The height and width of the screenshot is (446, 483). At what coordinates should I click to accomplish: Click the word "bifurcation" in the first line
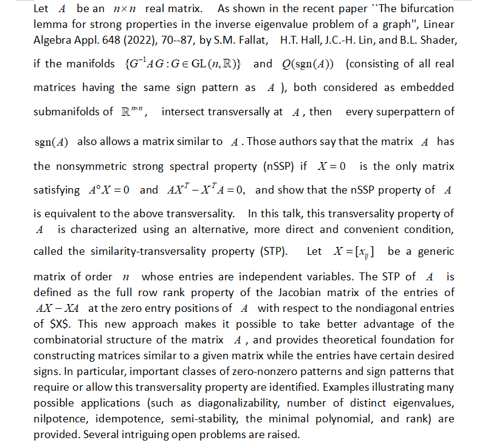tap(426, 9)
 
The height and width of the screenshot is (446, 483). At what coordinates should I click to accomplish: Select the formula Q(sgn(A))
tap(310, 64)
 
